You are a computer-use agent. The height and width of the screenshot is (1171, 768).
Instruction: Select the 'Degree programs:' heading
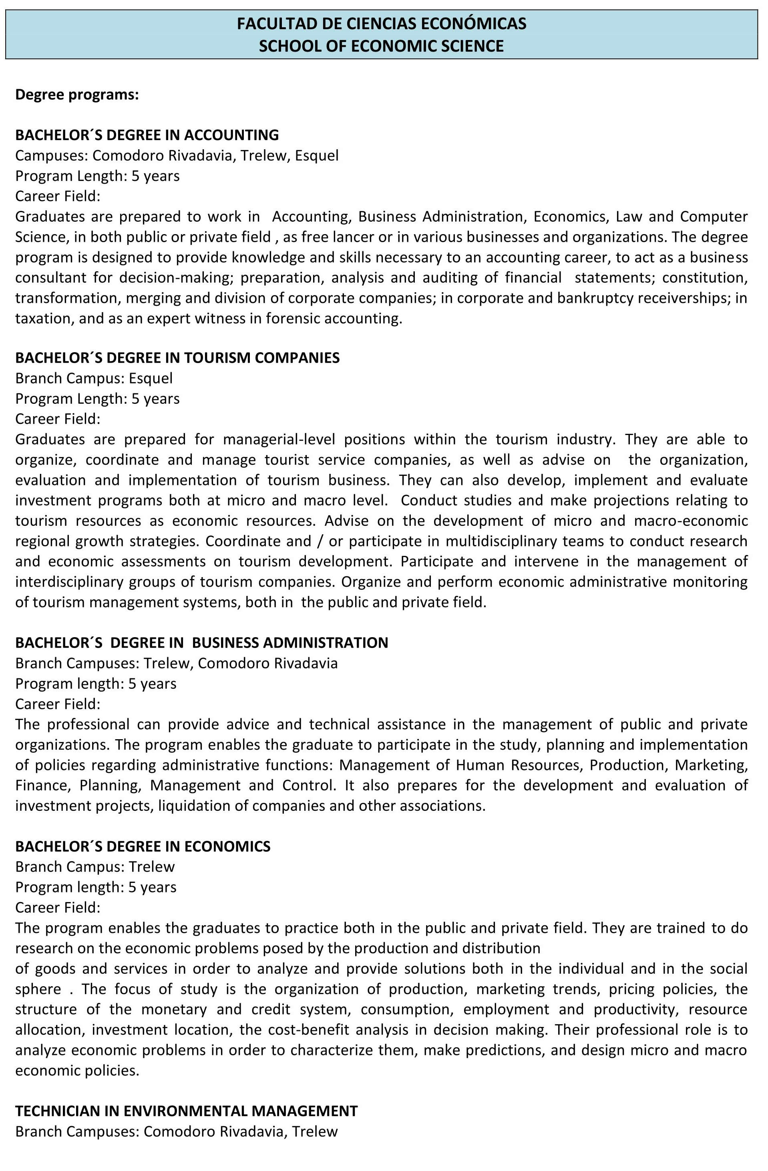coord(77,94)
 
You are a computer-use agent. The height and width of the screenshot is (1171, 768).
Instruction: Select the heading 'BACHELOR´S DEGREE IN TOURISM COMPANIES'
coord(177,358)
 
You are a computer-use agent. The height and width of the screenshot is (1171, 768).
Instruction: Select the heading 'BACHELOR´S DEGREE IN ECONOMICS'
coord(143,846)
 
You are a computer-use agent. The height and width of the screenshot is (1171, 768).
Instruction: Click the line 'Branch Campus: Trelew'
coord(95,867)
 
